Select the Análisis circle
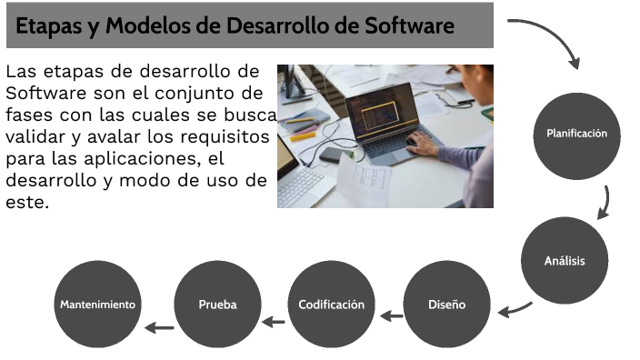tap(565, 261)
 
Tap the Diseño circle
tap(446, 304)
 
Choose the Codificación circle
tap(331, 304)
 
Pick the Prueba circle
tap(217, 304)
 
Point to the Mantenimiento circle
tap(98, 304)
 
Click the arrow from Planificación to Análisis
tap(604, 203)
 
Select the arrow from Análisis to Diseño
tap(515, 308)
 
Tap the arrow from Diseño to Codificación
tap(391, 316)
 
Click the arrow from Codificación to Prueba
tap(273, 320)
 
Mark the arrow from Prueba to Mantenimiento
tap(159, 326)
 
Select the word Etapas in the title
tap(47, 26)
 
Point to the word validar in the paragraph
tap(35, 137)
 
